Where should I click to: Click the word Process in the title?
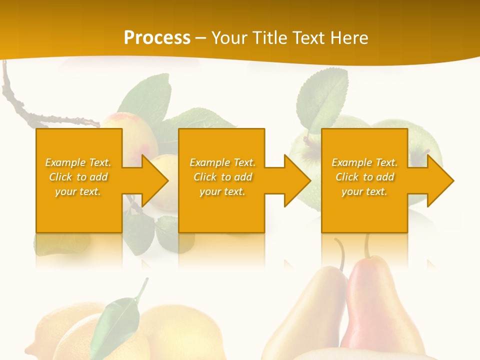(x=157, y=38)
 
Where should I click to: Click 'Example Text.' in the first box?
(x=78, y=162)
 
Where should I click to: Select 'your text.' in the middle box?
(x=222, y=191)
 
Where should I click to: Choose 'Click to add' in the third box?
(x=364, y=177)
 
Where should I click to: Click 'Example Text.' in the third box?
(x=364, y=162)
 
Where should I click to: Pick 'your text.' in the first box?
(x=78, y=191)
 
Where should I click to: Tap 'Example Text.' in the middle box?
(x=222, y=162)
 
